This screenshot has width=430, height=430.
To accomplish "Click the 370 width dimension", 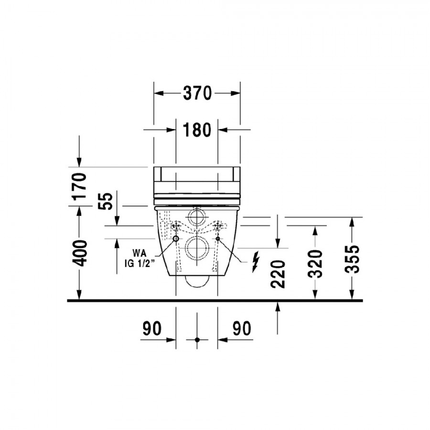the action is point(197,93).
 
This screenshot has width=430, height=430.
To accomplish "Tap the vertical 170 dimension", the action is point(79,186).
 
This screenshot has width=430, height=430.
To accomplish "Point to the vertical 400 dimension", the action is point(79,253).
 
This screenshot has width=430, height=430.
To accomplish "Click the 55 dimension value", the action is point(105,201).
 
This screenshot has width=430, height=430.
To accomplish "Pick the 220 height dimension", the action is point(278,274).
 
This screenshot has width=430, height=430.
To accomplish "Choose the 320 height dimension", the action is point(315,264).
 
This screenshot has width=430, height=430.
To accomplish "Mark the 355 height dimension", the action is point(352,259).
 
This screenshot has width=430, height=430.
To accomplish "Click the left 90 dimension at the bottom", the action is point(152,328).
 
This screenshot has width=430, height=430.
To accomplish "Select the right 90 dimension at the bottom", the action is point(242,328).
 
